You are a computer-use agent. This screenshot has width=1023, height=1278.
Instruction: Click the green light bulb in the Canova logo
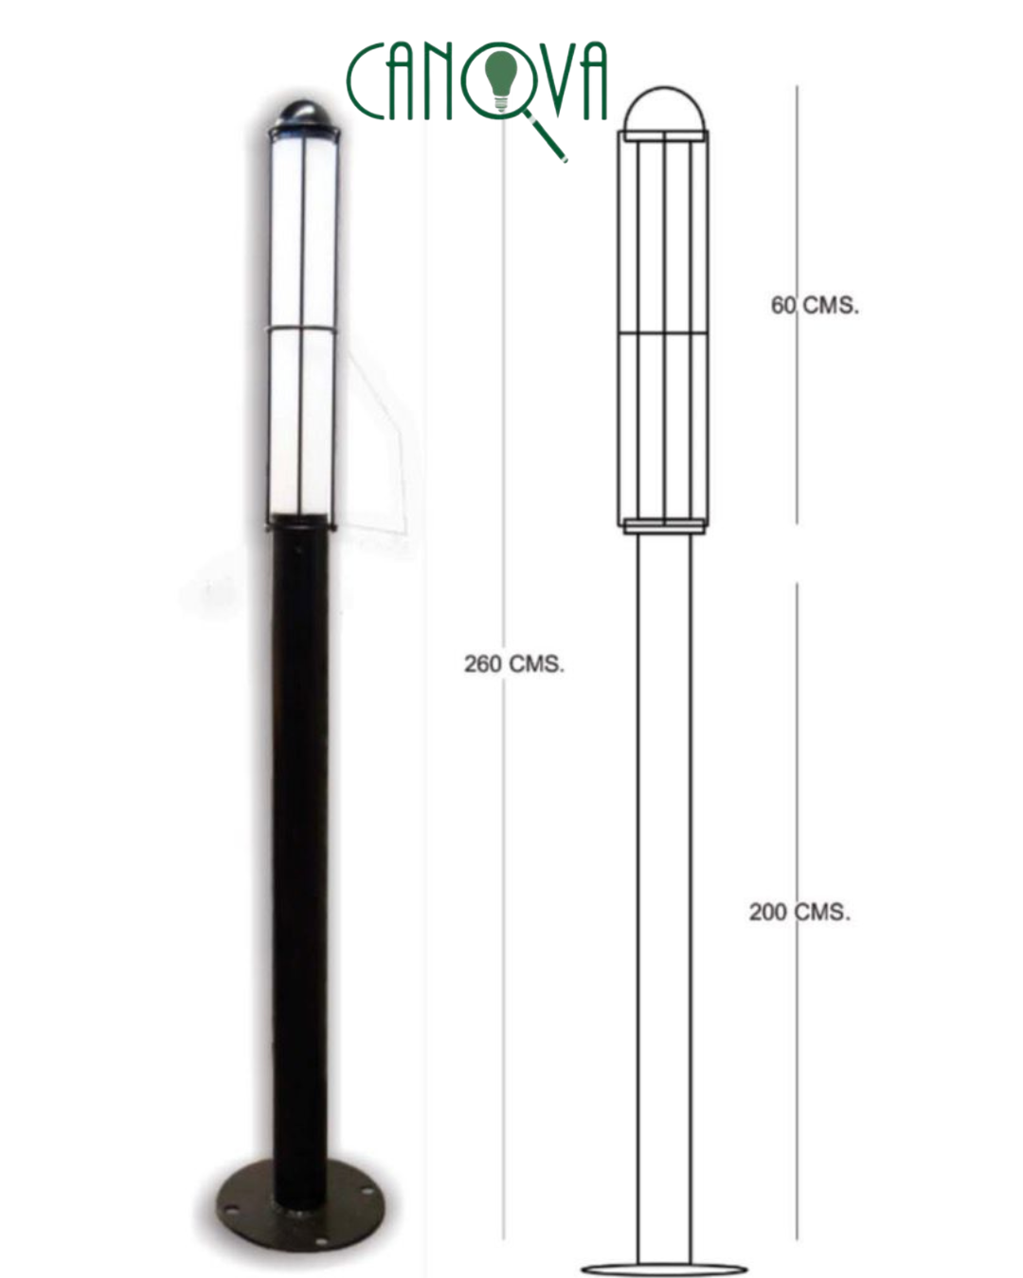501,77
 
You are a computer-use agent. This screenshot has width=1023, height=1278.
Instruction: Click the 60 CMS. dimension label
815,305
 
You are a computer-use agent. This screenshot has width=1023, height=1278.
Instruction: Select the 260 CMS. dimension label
513,664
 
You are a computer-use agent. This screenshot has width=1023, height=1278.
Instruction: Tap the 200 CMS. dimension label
799,912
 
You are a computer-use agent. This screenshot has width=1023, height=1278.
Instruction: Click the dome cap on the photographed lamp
300,115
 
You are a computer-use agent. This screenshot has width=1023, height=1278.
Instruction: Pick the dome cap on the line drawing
664,109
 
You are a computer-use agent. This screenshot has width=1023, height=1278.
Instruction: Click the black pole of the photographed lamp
300,852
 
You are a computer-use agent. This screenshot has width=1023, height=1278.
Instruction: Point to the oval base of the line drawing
664,1269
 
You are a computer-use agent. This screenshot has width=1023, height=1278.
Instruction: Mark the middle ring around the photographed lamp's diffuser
301,328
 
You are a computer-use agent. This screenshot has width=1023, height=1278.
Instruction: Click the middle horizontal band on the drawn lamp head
664,333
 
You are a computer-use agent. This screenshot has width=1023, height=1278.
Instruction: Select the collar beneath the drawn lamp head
664,527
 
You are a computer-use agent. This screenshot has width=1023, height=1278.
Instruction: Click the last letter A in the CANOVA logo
592,82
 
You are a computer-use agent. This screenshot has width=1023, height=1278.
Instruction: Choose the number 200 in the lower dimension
767,912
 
